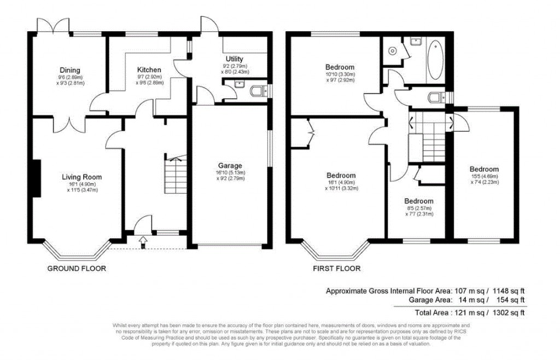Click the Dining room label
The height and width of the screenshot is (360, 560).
pyautogui.click(x=70, y=70)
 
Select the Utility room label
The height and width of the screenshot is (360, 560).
pyautogui.click(x=235, y=59)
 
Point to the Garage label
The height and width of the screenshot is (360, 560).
pyautogui.click(x=230, y=165)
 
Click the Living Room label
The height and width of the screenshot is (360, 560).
pyautogui.click(x=81, y=177)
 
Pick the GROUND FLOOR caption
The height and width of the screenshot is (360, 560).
pyautogui.click(x=77, y=269)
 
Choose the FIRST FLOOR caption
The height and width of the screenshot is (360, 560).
pyautogui.click(x=337, y=269)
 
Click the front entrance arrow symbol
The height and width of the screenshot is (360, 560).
pyautogui.click(x=143, y=240)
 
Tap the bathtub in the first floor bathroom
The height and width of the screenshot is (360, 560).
pyautogui.click(x=435, y=59)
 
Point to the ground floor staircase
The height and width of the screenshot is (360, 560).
pyautogui.click(x=176, y=172)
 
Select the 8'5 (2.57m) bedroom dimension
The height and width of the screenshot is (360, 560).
pyautogui.click(x=419, y=208)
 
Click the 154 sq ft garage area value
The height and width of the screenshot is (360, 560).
pyautogui.click(x=510, y=300)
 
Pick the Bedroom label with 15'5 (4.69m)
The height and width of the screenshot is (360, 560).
pyautogui.click(x=483, y=169)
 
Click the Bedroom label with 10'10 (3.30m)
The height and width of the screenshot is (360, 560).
pyautogui.click(x=340, y=67)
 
